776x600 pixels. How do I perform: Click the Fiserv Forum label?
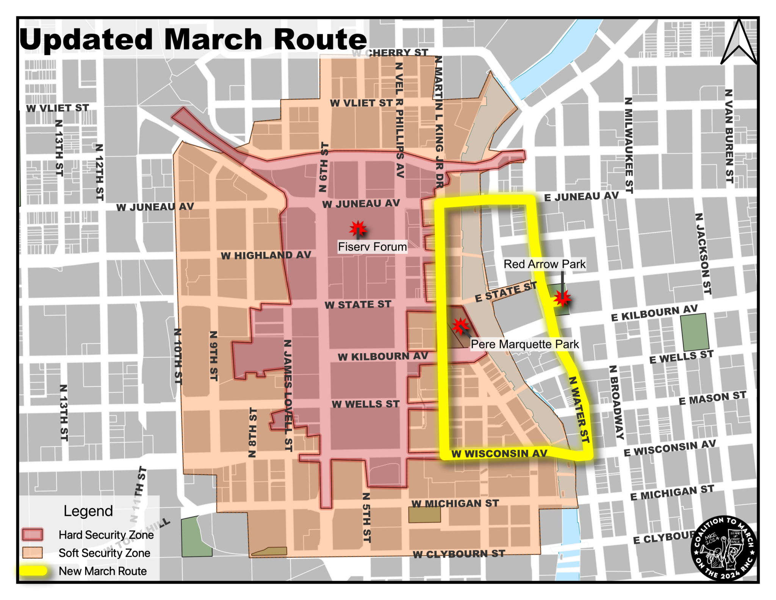[x=372, y=247]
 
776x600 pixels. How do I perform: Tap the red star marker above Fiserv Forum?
[x=357, y=228]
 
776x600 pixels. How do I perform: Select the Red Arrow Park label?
[x=544, y=264]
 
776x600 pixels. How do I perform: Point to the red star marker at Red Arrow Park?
[x=562, y=298]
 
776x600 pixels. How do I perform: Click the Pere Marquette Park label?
[x=525, y=344]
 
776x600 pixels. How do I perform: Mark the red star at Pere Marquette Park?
[x=460, y=325]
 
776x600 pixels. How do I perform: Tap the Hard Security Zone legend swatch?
[x=33, y=534]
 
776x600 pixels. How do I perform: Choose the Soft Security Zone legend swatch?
[x=33, y=553]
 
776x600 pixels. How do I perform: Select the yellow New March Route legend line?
[x=33, y=571]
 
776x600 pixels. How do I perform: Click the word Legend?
[x=88, y=511]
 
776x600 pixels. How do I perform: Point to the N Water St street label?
[x=579, y=409]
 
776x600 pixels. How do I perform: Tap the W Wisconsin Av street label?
[x=499, y=453]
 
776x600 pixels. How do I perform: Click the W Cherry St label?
[x=390, y=53]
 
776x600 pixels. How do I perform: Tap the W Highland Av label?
[x=266, y=255]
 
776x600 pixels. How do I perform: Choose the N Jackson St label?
[x=703, y=254]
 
